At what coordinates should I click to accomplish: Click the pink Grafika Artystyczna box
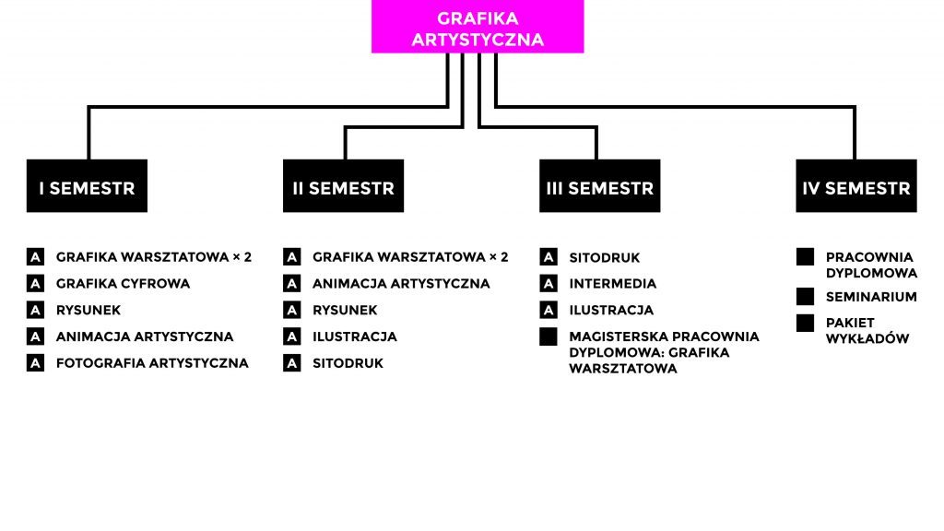pyautogui.click(x=478, y=28)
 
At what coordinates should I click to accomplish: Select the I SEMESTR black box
pyautogui.click(x=87, y=187)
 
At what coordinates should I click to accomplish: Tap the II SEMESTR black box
pyautogui.click(x=343, y=187)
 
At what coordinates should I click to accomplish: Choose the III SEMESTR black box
pyautogui.click(x=599, y=187)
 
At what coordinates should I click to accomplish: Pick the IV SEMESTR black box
pyautogui.click(x=856, y=187)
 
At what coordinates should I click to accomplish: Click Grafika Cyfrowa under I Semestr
pyautogui.click(x=123, y=284)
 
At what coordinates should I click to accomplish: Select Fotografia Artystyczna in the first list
pyautogui.click(x=152, y=363)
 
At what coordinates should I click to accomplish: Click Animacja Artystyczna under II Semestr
pyautogui.click(x=401, y=284)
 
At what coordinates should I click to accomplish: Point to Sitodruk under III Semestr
pyautogui.click(x=604, y=258)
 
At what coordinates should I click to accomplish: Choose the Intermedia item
pyautogui.click(x=612, y=284)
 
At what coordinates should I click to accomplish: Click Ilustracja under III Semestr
pyautogui.click(x=611, y=311)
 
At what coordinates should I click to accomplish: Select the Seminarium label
pyautogui.click(x=870, y=297)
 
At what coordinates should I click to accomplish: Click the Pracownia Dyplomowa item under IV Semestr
pyautogui.click(x=871, y=265)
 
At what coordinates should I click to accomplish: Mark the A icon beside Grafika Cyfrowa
pyautogui.click(x=35, y=284)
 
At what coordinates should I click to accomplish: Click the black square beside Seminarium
pyautogui.click(x=805, y=297)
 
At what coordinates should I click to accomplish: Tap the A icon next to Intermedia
pyautogui.click(x=549, y=284)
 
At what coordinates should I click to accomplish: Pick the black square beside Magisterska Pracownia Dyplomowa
pyautogui.click(x=549, y=336)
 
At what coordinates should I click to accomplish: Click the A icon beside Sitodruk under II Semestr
pyautogui.click(x=291, y=363)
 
